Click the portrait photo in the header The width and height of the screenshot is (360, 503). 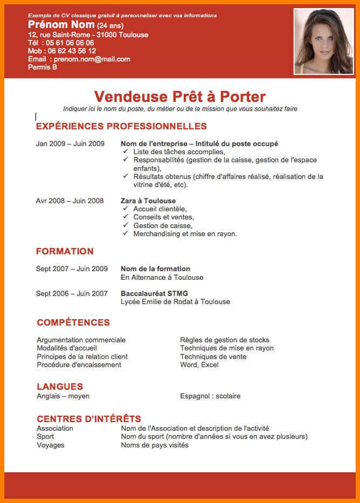(323, 42)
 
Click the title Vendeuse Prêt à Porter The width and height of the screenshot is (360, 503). (179, 97)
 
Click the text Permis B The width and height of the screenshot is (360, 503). (43, 67)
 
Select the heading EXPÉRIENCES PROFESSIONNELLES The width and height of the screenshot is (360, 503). (121, 127)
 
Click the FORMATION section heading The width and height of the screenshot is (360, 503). (65, 251)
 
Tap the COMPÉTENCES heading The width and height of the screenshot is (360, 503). (73, 323)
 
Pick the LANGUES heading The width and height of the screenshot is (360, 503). (60, 387)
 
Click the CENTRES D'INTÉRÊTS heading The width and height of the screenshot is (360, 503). (89, 419)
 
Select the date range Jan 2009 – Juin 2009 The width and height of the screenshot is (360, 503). (70, 144)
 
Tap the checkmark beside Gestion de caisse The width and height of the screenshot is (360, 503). (126, 225)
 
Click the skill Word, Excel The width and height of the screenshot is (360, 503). (199, 365)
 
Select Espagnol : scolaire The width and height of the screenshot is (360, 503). (210, 396)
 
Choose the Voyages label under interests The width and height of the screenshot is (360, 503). (51, 445)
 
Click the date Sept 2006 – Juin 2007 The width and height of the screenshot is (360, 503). (72, 293)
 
